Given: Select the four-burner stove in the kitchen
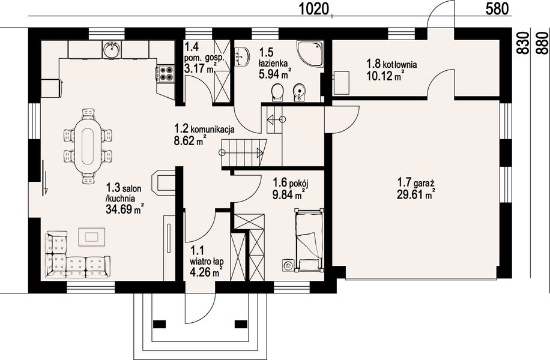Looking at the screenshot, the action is point(165,74).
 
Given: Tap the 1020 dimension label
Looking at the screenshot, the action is point(315,10).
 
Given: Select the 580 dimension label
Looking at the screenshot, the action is point(497,10).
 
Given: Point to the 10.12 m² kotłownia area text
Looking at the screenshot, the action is point(384,76).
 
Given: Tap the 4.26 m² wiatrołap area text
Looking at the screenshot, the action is point(207,272).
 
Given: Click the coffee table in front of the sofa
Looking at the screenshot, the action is point(91,237).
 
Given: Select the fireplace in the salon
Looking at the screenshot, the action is point(163,182).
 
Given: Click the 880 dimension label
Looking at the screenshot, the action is point(543,43).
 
